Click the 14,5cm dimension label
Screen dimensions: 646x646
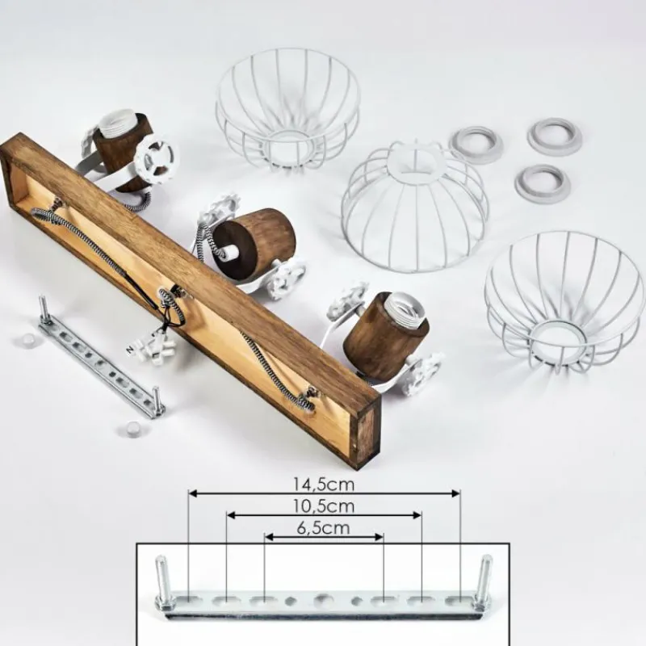(x=324, y=484)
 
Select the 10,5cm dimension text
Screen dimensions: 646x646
(x=324, y=506)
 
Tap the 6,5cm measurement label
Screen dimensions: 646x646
(x=324, y=528)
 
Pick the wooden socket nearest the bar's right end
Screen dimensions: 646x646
(x=383, y=333)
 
